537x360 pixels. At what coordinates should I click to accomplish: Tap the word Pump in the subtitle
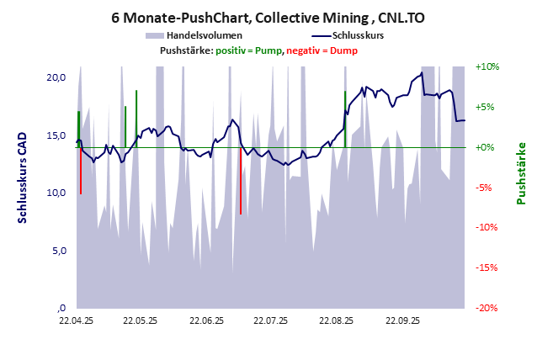pyautogui.click(x=268, y=51)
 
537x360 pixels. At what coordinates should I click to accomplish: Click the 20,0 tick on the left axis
pyautogui.click(x=56, y=77)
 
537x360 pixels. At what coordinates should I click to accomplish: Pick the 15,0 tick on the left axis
pyautogui.click(x=56, y=135)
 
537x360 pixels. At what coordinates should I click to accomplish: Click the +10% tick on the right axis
pyautogui.click(x=487, y=67)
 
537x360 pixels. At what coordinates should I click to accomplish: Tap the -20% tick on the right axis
pyautogui.click(x=487, y=308)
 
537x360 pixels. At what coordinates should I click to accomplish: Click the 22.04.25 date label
pyautogui.click(x=76, y=320)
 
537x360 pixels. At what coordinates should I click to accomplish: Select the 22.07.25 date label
pyautogui.click(x=271, y=320)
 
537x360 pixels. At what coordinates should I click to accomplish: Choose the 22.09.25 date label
pyautogui.click(x=402, y=320)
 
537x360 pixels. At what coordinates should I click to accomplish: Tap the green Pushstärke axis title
pyautogui.click(x=521, y=174)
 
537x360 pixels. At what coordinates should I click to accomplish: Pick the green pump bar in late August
pyautogui.click(x=345, y=118)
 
